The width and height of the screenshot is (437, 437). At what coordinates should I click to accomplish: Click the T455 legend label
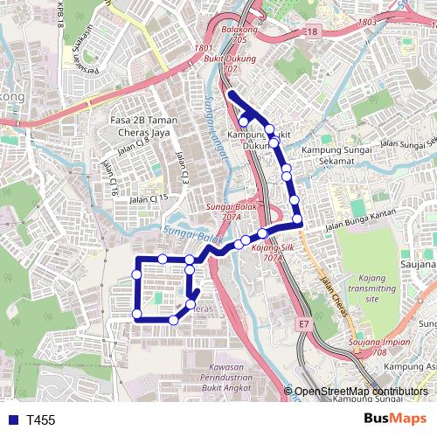point(40,420)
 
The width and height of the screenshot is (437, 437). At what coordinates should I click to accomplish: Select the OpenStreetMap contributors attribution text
point(361,392)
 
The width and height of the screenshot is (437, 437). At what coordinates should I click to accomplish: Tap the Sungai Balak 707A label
point(225,212)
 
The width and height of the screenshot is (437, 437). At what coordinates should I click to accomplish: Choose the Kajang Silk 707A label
point(269,253)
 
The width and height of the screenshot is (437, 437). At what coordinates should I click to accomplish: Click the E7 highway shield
point(302,324)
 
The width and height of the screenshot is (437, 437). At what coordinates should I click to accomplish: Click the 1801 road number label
point(205,48)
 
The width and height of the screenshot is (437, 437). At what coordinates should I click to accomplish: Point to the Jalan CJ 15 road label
point(146,199)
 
